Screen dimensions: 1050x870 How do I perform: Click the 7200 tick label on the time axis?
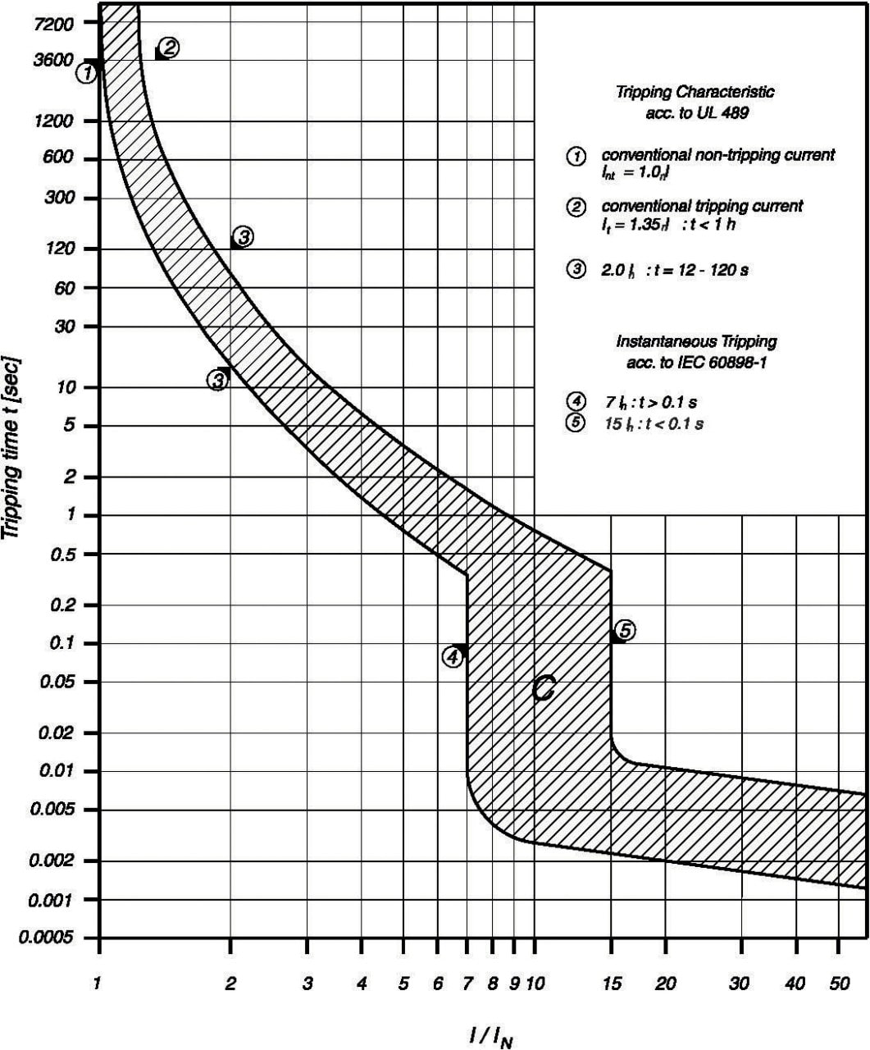55,23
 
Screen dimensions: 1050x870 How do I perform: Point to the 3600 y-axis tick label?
55,60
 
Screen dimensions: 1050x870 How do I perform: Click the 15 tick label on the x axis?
612,984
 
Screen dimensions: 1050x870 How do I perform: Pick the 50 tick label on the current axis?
839,984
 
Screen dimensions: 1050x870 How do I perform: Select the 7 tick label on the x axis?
467,984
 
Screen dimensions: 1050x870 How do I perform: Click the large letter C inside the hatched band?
543,689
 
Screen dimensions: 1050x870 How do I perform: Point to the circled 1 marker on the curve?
87,73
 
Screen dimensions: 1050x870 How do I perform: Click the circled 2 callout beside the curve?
169,47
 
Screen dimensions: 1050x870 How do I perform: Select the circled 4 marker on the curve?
452,656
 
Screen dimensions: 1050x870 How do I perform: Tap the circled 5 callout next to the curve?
625,630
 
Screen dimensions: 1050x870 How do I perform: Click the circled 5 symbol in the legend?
576,423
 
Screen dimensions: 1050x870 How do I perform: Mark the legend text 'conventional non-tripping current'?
717,155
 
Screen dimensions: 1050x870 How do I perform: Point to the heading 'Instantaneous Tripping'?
696,341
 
